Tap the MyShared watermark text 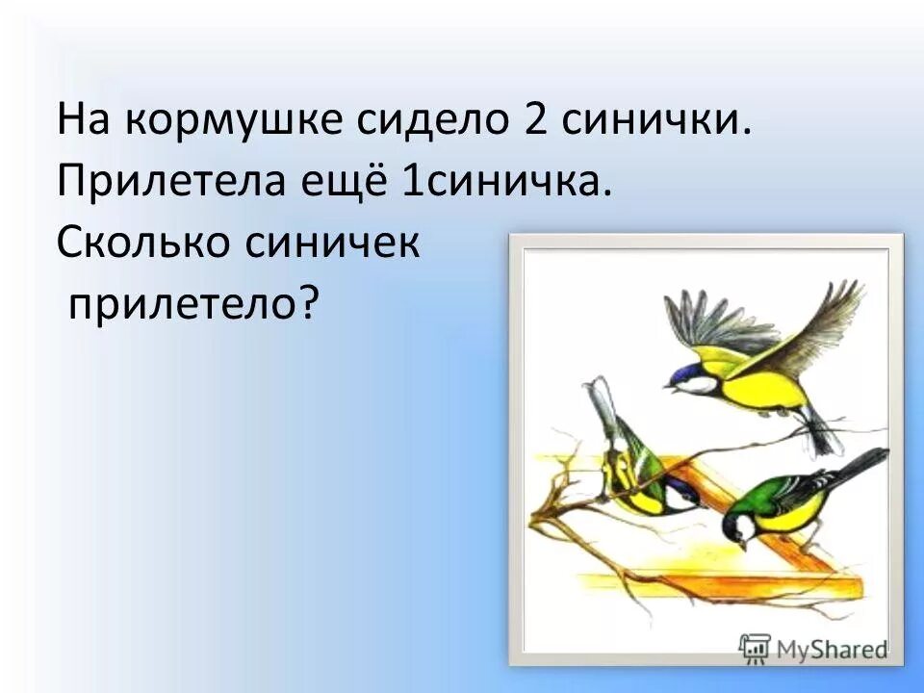click(829, 649)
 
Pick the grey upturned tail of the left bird click(600, 403)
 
